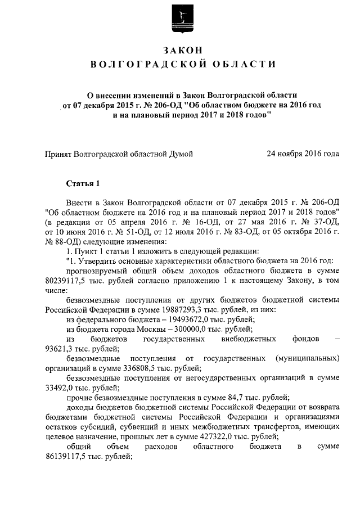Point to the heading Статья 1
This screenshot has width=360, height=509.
tap(83, 183)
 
